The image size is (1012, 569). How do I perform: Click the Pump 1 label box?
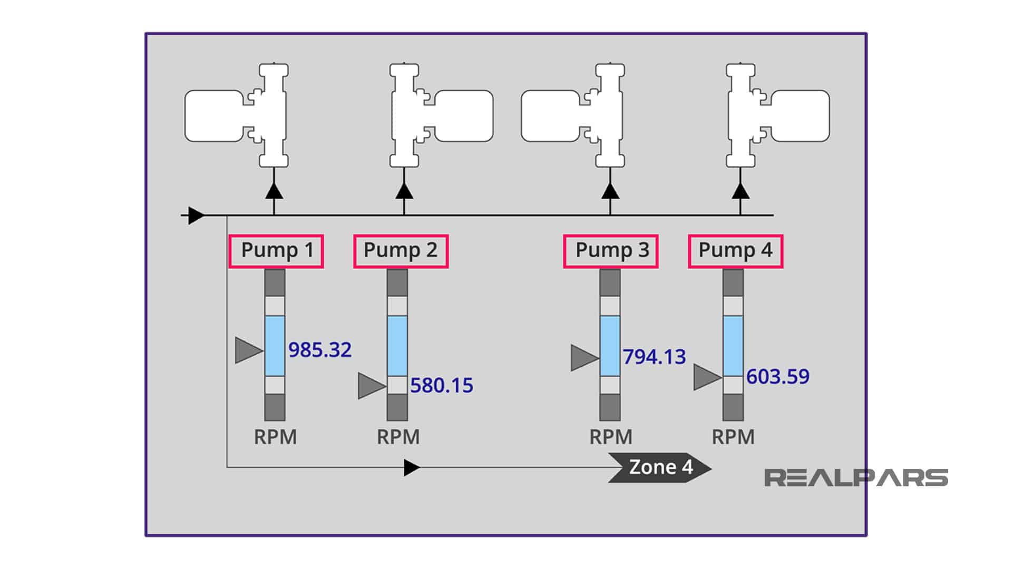276,251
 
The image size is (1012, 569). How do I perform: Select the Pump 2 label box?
401,251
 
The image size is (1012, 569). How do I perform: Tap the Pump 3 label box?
611,251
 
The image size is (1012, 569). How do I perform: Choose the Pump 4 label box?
735,251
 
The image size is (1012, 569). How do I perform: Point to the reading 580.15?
442,386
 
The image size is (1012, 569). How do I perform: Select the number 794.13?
654,357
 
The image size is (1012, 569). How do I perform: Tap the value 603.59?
777,377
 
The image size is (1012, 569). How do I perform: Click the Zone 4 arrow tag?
660,467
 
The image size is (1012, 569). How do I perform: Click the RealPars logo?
856,478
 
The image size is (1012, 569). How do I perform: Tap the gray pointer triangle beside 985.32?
247,350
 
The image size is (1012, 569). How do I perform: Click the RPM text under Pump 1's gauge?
275,437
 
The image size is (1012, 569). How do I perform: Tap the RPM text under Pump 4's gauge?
733,437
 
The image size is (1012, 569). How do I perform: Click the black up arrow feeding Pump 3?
610,191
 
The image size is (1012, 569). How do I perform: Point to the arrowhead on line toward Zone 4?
411,467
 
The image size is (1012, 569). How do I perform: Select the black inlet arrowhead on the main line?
196,215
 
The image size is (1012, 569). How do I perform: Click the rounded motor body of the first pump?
213,116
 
